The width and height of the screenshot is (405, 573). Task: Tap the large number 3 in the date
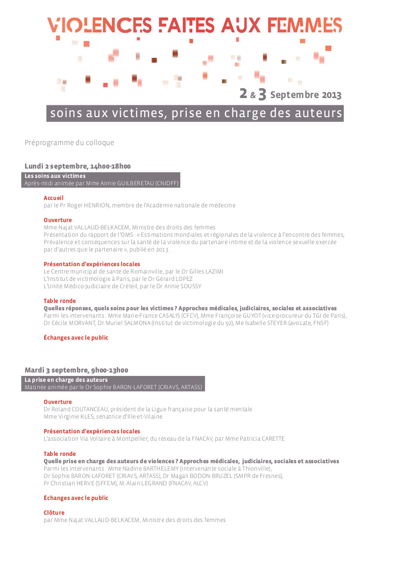tap(262, 94)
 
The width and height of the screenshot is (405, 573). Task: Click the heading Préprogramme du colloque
tap(69, 143)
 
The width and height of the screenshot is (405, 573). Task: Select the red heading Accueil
tap(53, 198)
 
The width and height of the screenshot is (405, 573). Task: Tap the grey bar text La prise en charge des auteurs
tap(66, 380)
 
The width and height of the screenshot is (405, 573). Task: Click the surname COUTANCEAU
tap(82, 409)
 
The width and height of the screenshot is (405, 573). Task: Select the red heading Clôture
tap(54, 513)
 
